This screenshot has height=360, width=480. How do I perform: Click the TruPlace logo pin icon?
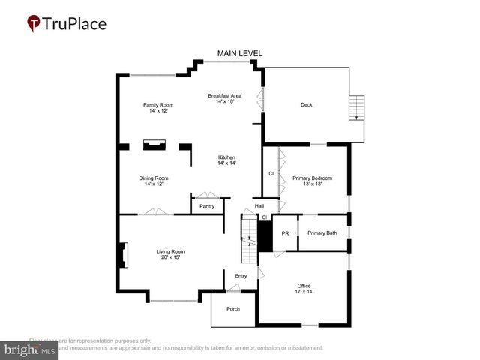click(x=34, y=24)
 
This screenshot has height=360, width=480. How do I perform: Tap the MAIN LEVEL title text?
click(x=240, y=53)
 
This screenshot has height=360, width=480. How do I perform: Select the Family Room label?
click(x=158, y=107)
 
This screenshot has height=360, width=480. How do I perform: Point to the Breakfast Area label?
click(x=225, y=98)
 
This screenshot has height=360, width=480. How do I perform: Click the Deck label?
click(x=306, y=104)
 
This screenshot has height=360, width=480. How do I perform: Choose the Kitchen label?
click(x=226, y=160)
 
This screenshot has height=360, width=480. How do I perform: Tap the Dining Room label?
click(x=154, y=181)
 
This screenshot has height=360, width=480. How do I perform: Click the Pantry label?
click(x=207, y=206)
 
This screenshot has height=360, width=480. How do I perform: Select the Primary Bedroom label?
click(x=312, y=181)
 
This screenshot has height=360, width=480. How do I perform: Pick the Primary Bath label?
click(x=322, y=233)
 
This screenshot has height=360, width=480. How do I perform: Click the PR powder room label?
click(x=285, y=233)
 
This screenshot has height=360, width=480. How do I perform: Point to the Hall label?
click(x=259, y=206)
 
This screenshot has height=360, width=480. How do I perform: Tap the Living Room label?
click(x=170, y=254)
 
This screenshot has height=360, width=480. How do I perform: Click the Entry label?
click(x=241, y=276)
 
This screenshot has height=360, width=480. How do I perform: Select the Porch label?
click(x=233, y=309)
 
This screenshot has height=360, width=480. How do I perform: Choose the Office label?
click(x=304, y=289)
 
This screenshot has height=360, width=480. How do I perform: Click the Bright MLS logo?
click(x=30, y=350)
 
